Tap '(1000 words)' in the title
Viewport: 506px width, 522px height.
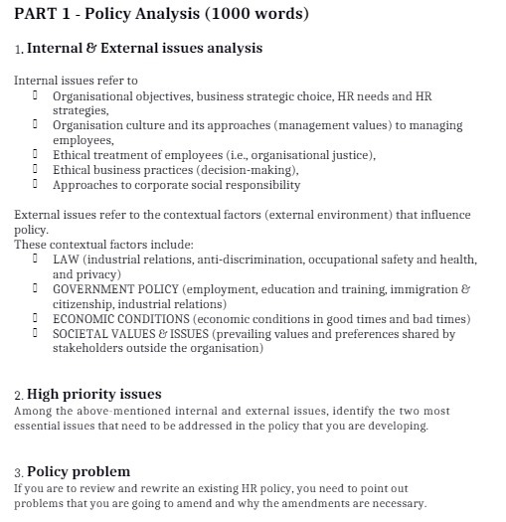pos(257,15)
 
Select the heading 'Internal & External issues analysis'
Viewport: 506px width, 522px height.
pos(144,48)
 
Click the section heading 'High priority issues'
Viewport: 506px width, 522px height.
pos(93,394)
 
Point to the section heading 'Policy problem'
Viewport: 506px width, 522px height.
pos(79,471)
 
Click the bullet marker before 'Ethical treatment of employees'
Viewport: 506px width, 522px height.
pos(35,154)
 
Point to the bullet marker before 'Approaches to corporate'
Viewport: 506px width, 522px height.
pos(35,184)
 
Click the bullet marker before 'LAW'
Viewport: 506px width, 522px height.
pos(35,260)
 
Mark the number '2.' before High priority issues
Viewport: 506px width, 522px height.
pos(19,396)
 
